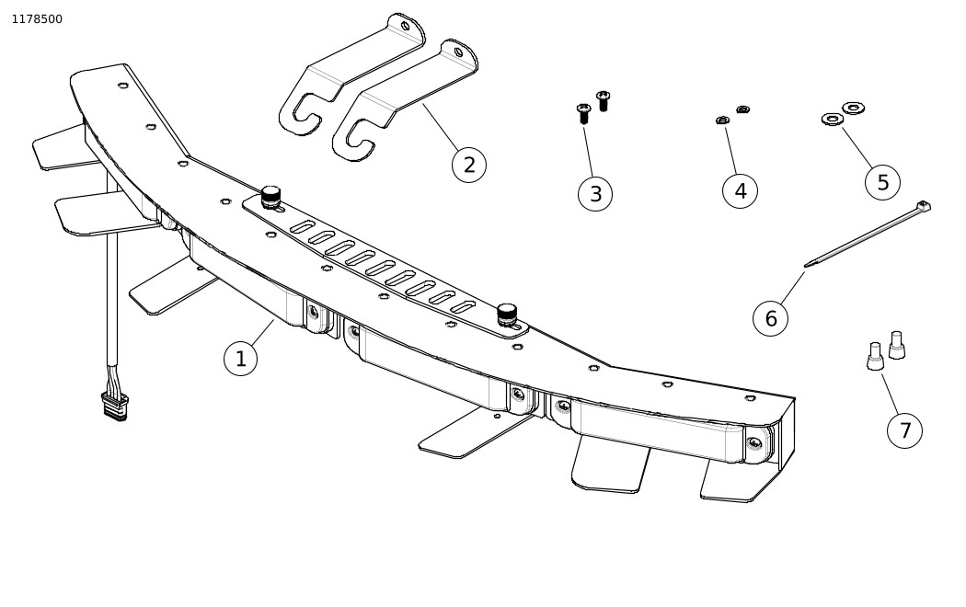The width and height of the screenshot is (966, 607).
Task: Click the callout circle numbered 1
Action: click(241, 359)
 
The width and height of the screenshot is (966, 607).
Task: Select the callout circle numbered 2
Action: click(469, 165)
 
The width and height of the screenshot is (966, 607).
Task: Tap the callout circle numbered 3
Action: click(595, 194)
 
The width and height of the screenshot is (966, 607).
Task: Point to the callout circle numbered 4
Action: click(740, 191)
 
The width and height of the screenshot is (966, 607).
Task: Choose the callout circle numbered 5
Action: click(883, 182)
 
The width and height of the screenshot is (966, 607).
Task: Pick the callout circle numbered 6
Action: click(771, 318)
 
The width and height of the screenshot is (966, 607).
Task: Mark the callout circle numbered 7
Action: click(904, 430)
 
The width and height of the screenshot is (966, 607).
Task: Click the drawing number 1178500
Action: click(37, 19)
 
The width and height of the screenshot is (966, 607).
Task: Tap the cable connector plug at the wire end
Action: click(115, 407)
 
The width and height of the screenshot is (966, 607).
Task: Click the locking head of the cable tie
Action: click(924, 206)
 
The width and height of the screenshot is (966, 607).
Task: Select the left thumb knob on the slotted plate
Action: click(271, 197)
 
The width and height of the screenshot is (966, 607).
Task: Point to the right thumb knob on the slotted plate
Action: click(506, 315)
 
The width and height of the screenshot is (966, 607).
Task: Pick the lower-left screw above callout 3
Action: click(584, 113)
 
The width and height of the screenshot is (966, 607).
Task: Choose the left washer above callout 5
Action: click(833, 119)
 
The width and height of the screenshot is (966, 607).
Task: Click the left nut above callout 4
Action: click(723, 120)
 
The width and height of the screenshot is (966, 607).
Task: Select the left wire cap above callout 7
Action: click(875, 357)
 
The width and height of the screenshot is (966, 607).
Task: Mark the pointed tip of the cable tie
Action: click(806, 265)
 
